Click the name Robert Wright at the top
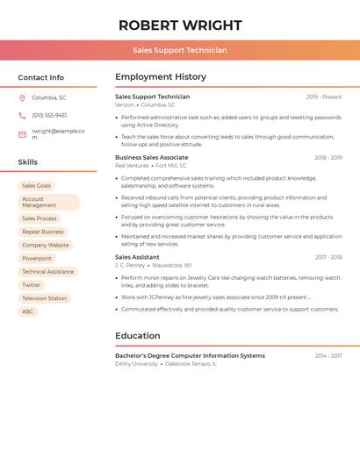[180, 25]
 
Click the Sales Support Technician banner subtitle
[180, 50]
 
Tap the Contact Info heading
[40, 77]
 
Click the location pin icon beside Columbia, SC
[22, 98]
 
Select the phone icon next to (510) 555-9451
[22, 115]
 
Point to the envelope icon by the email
[22, 134]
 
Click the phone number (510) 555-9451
[49, 115]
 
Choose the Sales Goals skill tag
[37, 186]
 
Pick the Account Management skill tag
[48, 203]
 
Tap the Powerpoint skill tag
[37, 259]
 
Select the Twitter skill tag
[32, 285]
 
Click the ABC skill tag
[28, 311]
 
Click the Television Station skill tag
[44, 298]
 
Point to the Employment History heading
[161, 77]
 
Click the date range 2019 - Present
[324, 97]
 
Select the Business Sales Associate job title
[152, 158]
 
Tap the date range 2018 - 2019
[328, 158]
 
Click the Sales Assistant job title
[137, 257]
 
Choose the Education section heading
[138, 335]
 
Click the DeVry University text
[136, 363]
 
